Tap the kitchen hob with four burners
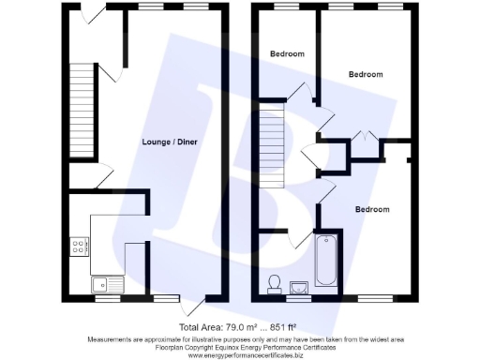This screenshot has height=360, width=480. tap(80, 247)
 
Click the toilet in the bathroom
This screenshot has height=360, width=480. tap(275, 283)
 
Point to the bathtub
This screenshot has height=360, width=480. tap(326, 259)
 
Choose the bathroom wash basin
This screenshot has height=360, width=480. tap(300, 287)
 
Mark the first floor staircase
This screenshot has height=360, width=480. tap(270, 136)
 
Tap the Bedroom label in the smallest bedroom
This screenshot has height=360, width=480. tap(287, 54)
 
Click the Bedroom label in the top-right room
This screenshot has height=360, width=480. tap(366, 73)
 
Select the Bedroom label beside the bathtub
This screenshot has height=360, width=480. tap(371, 209)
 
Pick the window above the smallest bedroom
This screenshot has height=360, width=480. tap(286, 7)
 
